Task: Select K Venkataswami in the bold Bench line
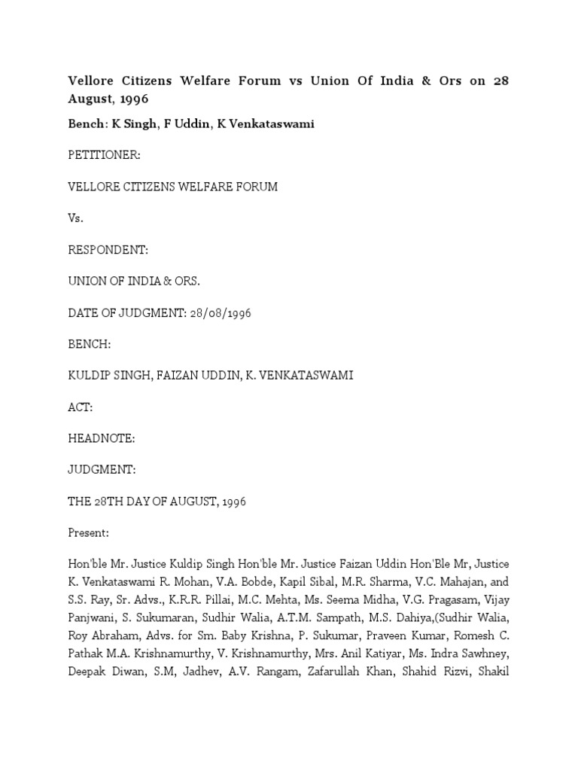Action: (x=265, y=124)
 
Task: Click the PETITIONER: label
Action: (x=104, y=155)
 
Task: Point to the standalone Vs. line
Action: (x=75, y=218)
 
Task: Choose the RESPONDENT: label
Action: (x=106, y=249)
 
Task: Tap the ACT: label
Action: (x=81, y=407)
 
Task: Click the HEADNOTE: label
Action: (x=102, y=438)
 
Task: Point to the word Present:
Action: (x=89, y=533)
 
